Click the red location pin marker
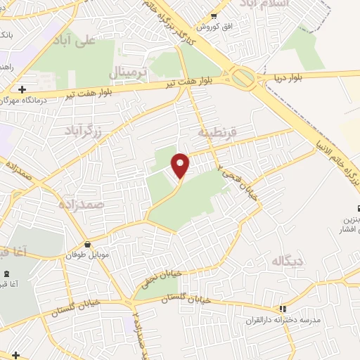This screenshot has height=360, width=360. pyautogui.click(x=181, y=165)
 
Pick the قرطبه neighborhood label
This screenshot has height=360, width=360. pyautogui.click(x=217, y=131)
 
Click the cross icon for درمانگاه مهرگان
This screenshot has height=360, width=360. pyautogui.click(x=22, y=90)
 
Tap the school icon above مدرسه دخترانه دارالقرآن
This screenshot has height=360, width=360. pyautogui.click(x=282, y=308)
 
